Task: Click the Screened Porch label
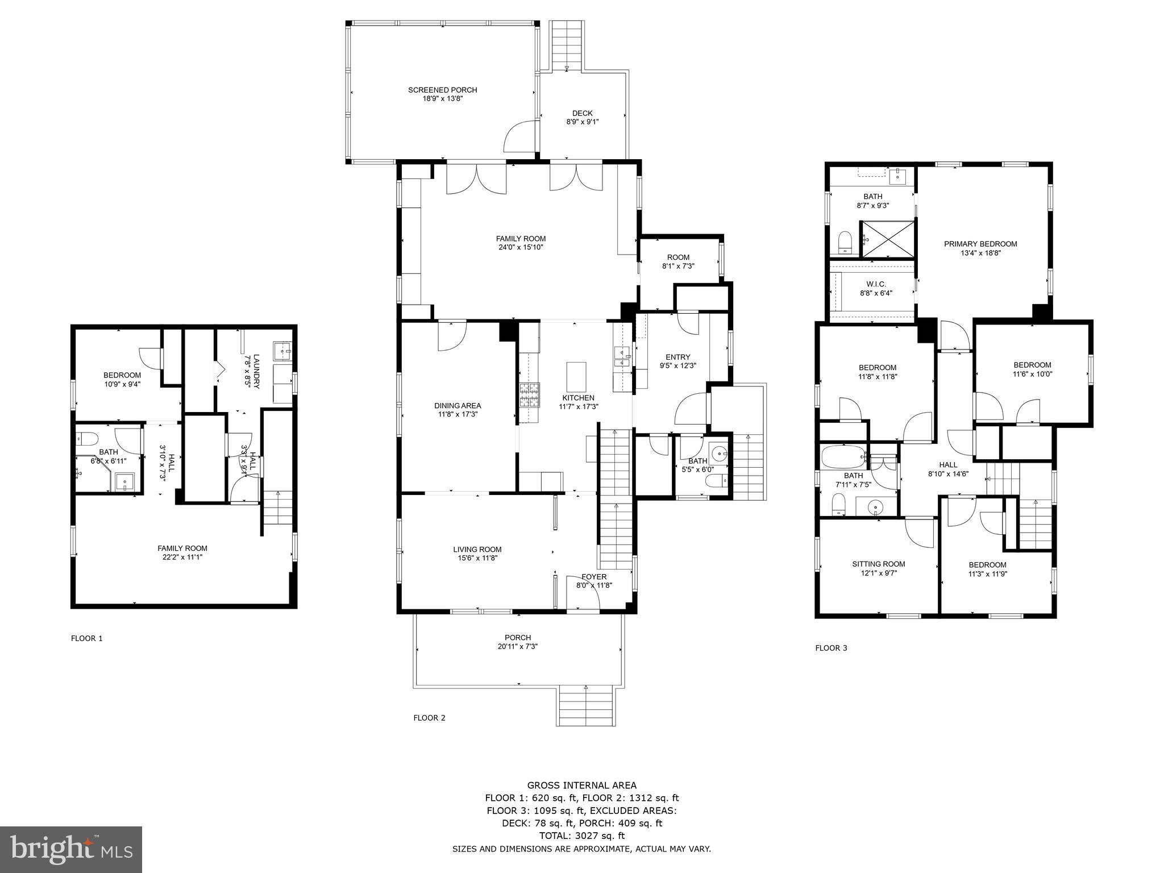click(x=442, y=90)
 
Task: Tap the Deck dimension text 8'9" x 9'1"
click(x=582, y=122)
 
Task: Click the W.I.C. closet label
click(x=876, y=284)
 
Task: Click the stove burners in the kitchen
click(x=527, y=396)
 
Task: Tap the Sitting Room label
click(x=878, y=564)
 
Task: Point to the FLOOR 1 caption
click(x=86, y=638)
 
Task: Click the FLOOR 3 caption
click(x=831, y=648)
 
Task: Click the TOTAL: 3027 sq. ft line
click(x=581, y=835)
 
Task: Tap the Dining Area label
click(x=458, y=405)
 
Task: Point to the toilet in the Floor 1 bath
click(x=88, y=438)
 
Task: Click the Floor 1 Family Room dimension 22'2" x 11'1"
click(x=182, y=557)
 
